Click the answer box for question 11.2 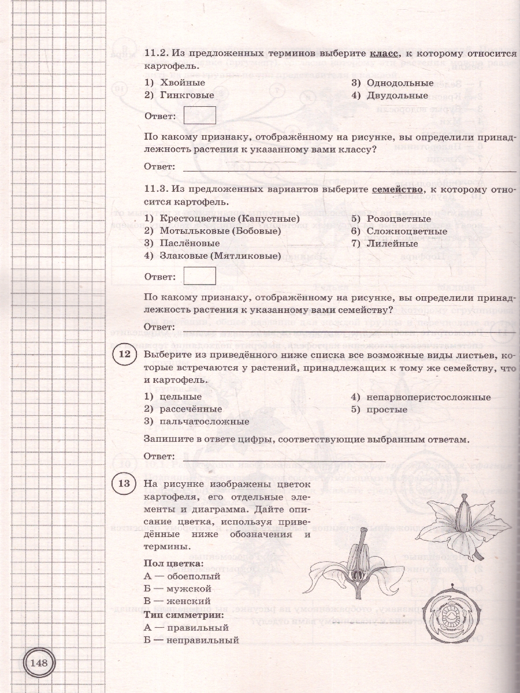tap(199, 115)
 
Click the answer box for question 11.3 tap(199, 275)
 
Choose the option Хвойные tap(173, 83)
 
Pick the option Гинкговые tap(179, 95)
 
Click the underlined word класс tap(382, 54)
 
